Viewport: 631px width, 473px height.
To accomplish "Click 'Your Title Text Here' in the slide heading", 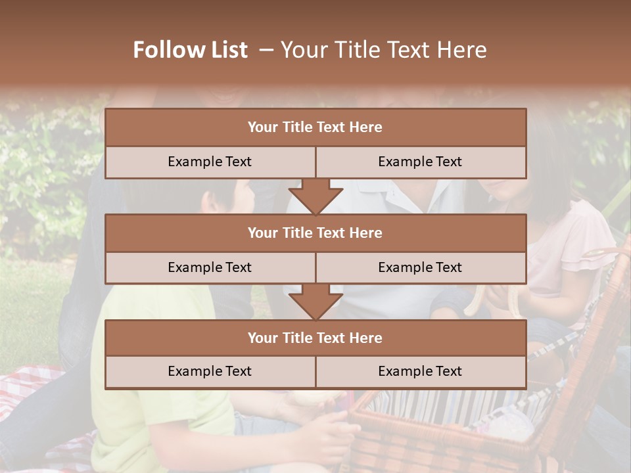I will click(x=384, y=50).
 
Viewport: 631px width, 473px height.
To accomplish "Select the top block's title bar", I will click(x=315, y=127).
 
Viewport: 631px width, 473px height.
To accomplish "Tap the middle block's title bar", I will click(x=315, y=233).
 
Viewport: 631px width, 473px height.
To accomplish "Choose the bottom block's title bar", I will click(x=315, y=338).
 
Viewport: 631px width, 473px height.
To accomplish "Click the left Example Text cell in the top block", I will click(x=210, y=162).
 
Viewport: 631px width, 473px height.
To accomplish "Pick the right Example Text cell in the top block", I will click(x=421, y=162).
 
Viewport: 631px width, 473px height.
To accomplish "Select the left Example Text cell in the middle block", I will click(x=210, y=267).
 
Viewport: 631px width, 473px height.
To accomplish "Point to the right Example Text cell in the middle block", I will click(x=421, y=267).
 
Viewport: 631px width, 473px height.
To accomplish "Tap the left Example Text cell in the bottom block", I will click(x=210, y=372).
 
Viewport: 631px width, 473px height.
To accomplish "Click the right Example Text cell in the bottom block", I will click(x=421, y=372).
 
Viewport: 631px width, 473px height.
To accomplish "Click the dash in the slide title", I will click(x=266, y=50).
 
